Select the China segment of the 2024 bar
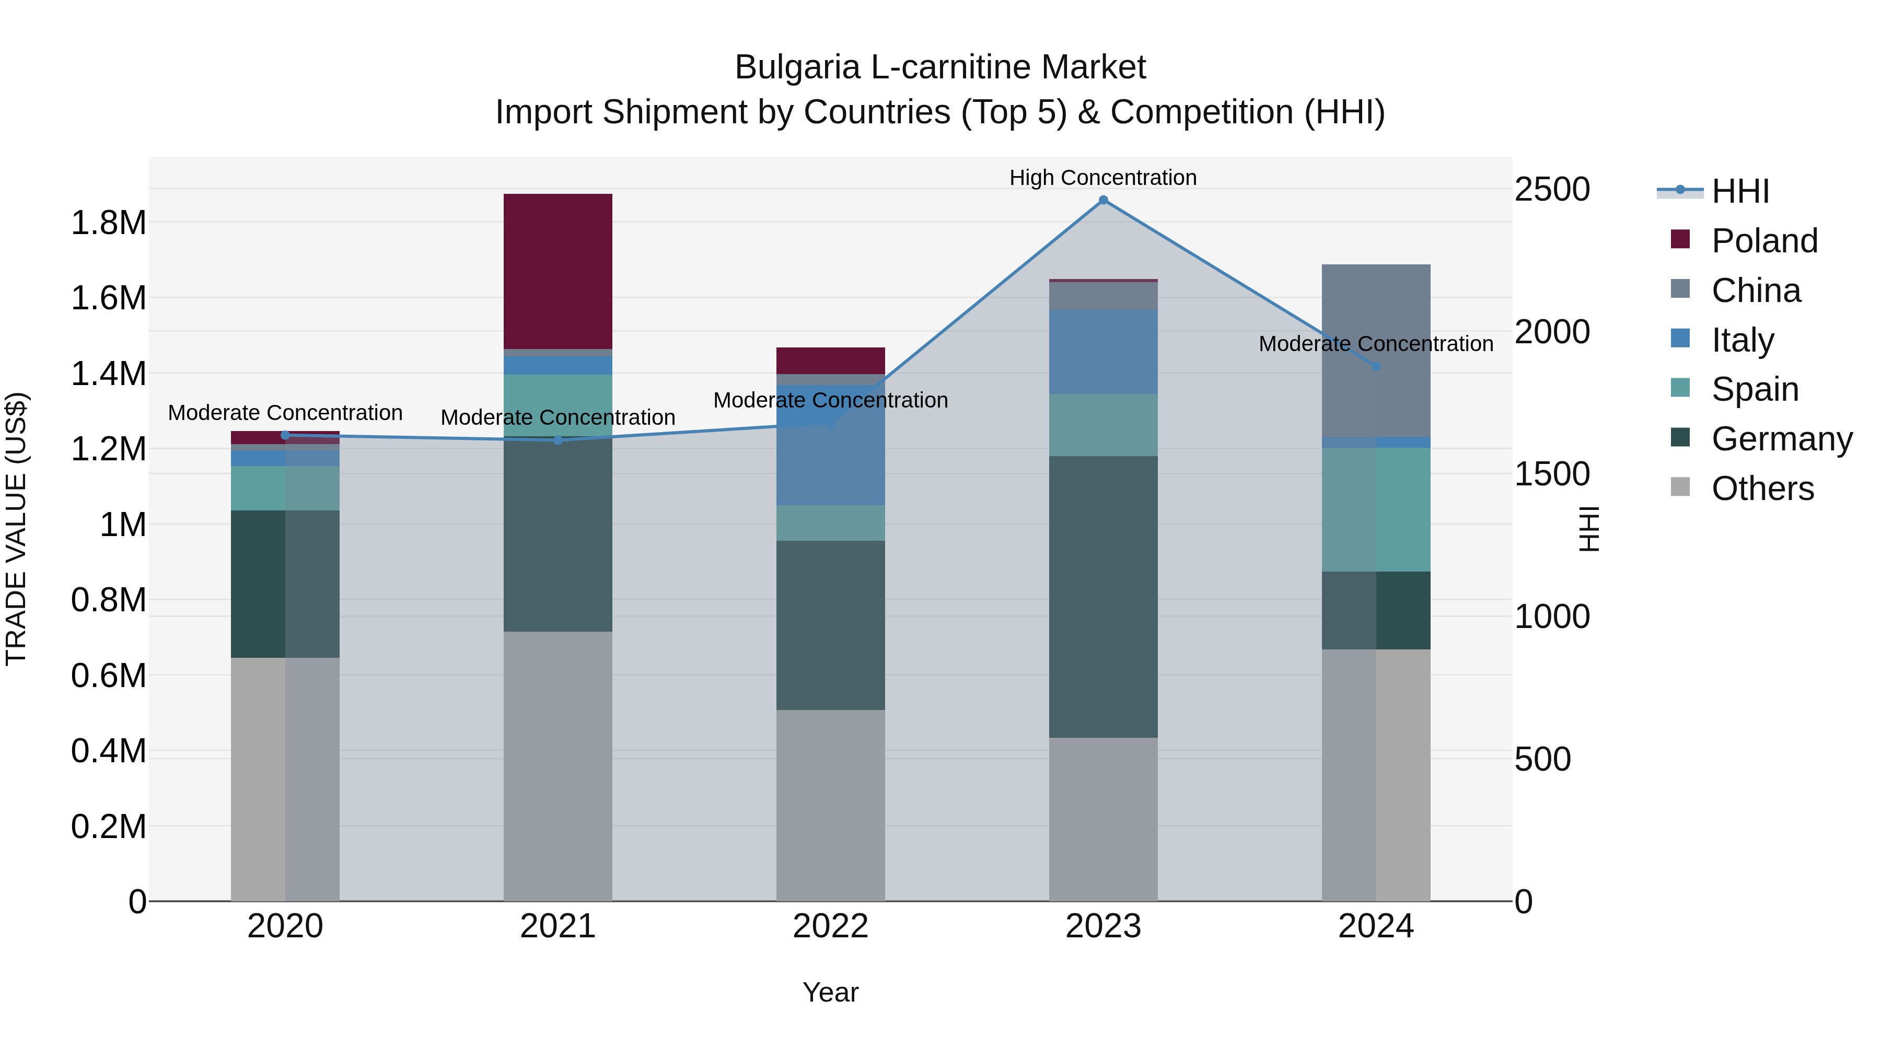[x=1376, y=351]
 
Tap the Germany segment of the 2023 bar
[x=1102, y=597]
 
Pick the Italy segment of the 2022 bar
[x=830, y=445]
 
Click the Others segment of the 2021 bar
[x=558, y=766]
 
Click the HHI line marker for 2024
[x=1376, y=367]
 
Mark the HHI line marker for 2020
[x=285, y=435]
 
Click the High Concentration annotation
[x=1102, y=178]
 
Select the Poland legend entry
[x=1764, y=241]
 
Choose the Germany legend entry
[x=1782, y=439]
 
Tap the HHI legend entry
[x=1740, y=191]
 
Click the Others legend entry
[x=1762, y=489]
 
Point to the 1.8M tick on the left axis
[x=109, y=222]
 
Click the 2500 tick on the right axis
[x=1552, y=189]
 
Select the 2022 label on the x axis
[x=830, y=926]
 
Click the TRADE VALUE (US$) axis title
[x=17, y=529]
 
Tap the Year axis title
[x=830, y=992]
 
